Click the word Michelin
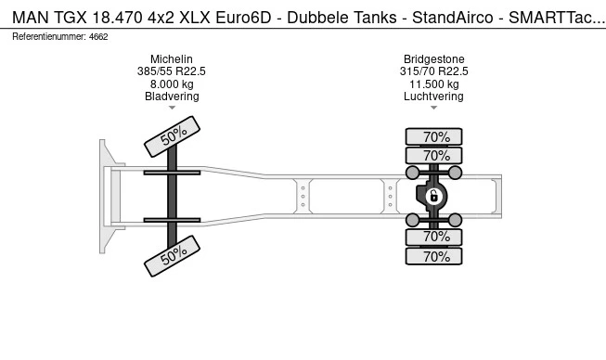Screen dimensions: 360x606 point(172,59)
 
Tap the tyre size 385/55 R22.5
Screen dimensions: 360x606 point(172,71)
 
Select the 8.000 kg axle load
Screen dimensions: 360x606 point(172,84)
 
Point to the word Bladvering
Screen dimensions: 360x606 point(172,96)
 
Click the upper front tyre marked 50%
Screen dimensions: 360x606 point(173,136)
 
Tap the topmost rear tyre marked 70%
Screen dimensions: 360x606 point(435,136)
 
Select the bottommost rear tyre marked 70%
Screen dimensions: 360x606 point(435,257)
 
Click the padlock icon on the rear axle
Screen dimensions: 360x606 point(433,195)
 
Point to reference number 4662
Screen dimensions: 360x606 point(98,36)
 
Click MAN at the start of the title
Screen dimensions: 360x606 point(28,16)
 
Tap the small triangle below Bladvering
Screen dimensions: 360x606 point(172,108)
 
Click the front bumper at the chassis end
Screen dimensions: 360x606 point(106,195)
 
